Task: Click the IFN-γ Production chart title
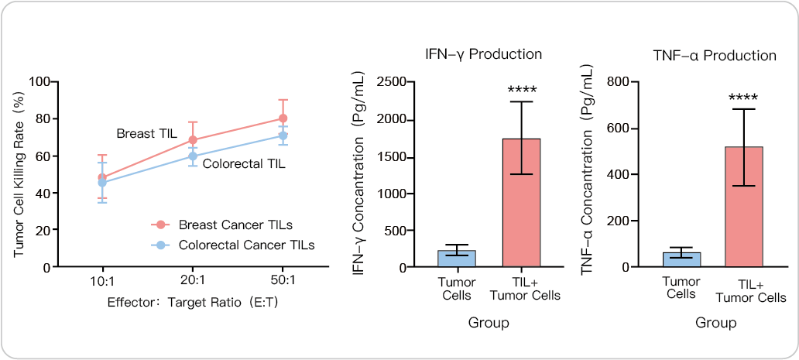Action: point(483,54)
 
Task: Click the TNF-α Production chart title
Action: point(714,55)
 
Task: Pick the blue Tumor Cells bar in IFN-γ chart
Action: point(457,259)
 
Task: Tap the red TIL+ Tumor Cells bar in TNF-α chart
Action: point(745,207)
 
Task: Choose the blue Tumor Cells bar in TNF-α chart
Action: point(681,259)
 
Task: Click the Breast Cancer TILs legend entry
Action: point(235,225)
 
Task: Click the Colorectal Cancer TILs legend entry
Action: point(235,245)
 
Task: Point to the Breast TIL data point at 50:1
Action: point(283,118)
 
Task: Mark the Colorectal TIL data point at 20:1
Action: point(193,156)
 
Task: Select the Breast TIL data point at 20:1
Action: point(193,140)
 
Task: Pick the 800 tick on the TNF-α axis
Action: point(617,81)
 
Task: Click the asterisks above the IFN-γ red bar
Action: point(521,89)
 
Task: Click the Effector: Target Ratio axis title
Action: point(192,302)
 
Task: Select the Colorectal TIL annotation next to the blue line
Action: point(244,164)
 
